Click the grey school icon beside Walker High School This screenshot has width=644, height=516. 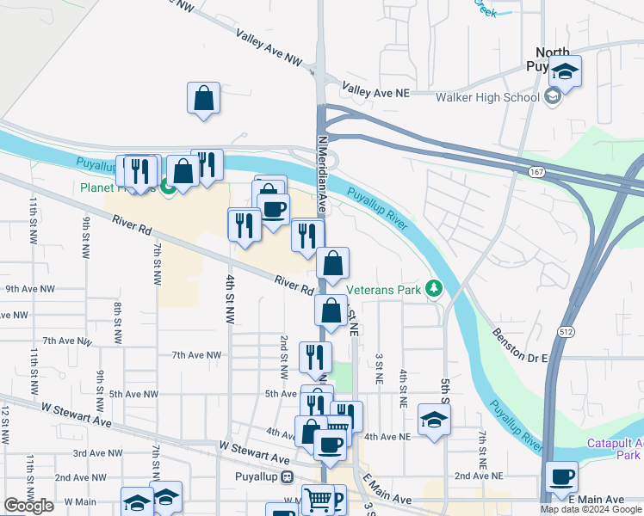553,96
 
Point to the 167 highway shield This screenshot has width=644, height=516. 536,173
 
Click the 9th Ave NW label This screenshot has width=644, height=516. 29,290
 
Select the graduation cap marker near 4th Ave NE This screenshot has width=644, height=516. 434,420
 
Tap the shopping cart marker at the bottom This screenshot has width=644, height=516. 318,499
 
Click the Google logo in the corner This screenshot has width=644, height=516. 28,506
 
